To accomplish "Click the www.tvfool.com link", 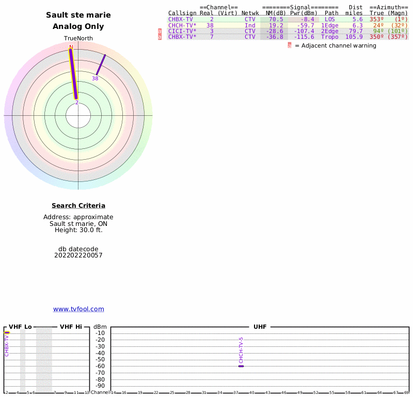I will tap(78, 309).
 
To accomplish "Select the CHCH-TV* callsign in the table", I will tap(182, 25).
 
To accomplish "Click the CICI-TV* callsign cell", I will tap(182, 31).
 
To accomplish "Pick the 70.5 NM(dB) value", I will tap(276, 20).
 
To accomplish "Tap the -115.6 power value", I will tap(304, 37).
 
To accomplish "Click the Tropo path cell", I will tap(330, 37).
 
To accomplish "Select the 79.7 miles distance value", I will tap(357, 31).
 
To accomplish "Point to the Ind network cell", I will tap(250, 25).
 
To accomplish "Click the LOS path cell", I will tap(330, 20).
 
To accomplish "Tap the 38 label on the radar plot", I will tap(95, 79).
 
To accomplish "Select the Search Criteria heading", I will tap(78, 206).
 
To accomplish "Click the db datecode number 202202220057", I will tap(78, 255).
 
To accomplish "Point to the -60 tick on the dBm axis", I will tap(101, 366).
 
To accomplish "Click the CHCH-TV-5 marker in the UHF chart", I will tap(241, 366).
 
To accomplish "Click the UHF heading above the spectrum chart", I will tap(260, 327).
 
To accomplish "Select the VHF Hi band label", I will tap(71, 327).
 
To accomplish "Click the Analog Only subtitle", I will tap(78, 26).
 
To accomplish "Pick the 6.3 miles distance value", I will tap(357, 25).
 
